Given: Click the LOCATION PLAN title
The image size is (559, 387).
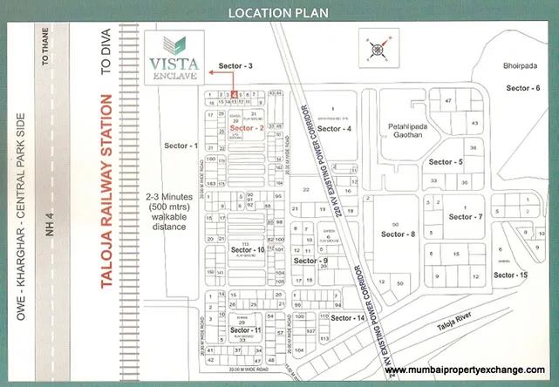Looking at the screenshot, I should (279, 12).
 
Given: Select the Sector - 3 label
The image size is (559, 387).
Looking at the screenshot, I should (235, 66).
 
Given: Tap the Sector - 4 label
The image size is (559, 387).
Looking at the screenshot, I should (334, 129).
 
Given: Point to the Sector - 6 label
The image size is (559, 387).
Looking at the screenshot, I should (522, 88).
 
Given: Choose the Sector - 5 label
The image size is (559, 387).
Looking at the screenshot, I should (446, 162).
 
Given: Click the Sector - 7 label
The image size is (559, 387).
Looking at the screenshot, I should (466, 216).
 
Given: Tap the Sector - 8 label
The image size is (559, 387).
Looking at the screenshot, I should (399, 234).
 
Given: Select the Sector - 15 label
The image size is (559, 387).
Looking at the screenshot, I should (511, 275).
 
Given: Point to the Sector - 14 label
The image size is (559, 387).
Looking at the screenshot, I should (347, 317).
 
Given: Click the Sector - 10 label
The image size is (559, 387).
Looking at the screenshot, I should (248, 250).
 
